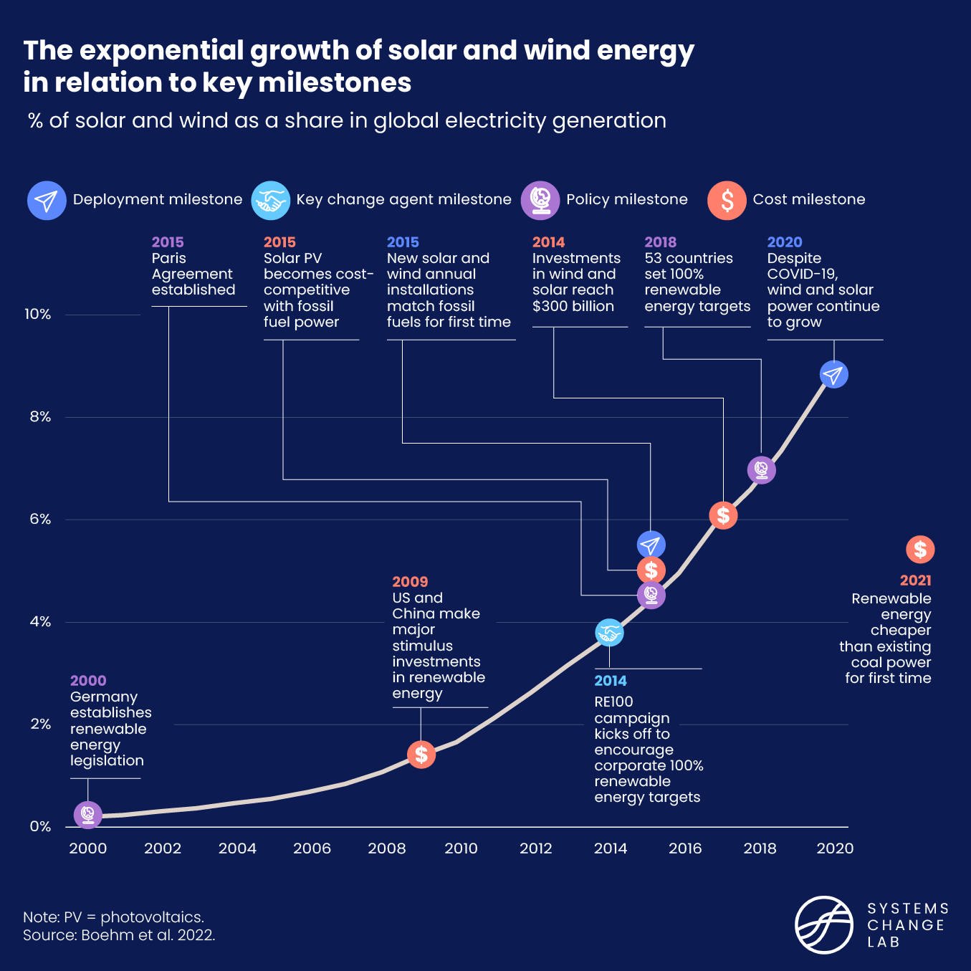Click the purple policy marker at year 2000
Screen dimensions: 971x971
[88, 815]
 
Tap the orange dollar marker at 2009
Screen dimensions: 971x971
[421, 754]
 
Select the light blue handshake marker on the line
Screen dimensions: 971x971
[609, 633]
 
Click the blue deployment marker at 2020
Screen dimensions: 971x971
[833, 374]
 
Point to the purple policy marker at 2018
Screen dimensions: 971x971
[761, 470]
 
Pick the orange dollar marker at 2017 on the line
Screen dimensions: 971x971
[723, 515]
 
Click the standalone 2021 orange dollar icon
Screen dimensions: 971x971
[920, 550]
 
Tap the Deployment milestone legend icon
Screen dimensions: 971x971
[47, 201]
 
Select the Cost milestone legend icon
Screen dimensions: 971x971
[727, 201]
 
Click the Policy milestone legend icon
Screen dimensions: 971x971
[540, 201]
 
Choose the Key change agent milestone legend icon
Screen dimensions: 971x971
[270, 201]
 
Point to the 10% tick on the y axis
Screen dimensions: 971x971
[37, 315]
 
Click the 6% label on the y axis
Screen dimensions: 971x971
[40, 520]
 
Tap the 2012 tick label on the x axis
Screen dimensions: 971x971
[535, 848]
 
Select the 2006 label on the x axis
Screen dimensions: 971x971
[312, 848]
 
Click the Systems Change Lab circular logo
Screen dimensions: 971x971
[824, 924]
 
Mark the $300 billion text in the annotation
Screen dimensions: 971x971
[573, 306]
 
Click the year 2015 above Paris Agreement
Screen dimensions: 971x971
[168, 242]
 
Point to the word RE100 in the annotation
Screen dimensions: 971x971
[613, 702]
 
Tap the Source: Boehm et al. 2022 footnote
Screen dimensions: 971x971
[119, 935]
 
